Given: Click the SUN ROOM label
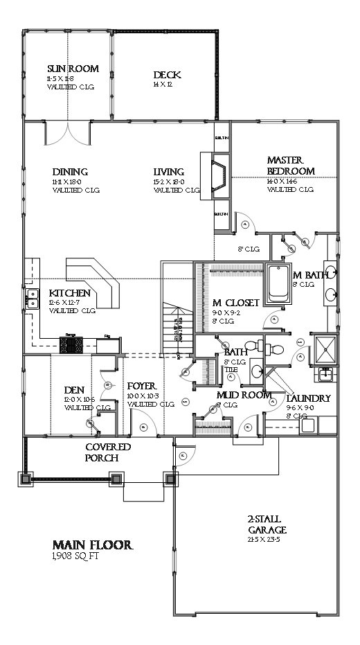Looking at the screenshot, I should (73, 69).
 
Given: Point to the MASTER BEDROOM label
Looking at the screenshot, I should (291, 166).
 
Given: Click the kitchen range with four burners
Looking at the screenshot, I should (71, 344).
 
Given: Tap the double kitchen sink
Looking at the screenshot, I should (32, 299).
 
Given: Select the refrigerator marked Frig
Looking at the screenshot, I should (107, 344).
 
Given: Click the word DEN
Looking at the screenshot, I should (74, 390).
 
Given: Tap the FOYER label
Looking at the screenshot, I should (141, 386).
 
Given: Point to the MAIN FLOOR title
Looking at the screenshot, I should (93, 545).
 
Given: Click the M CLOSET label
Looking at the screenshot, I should (235, 303).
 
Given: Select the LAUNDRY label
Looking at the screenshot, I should (309, 399).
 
